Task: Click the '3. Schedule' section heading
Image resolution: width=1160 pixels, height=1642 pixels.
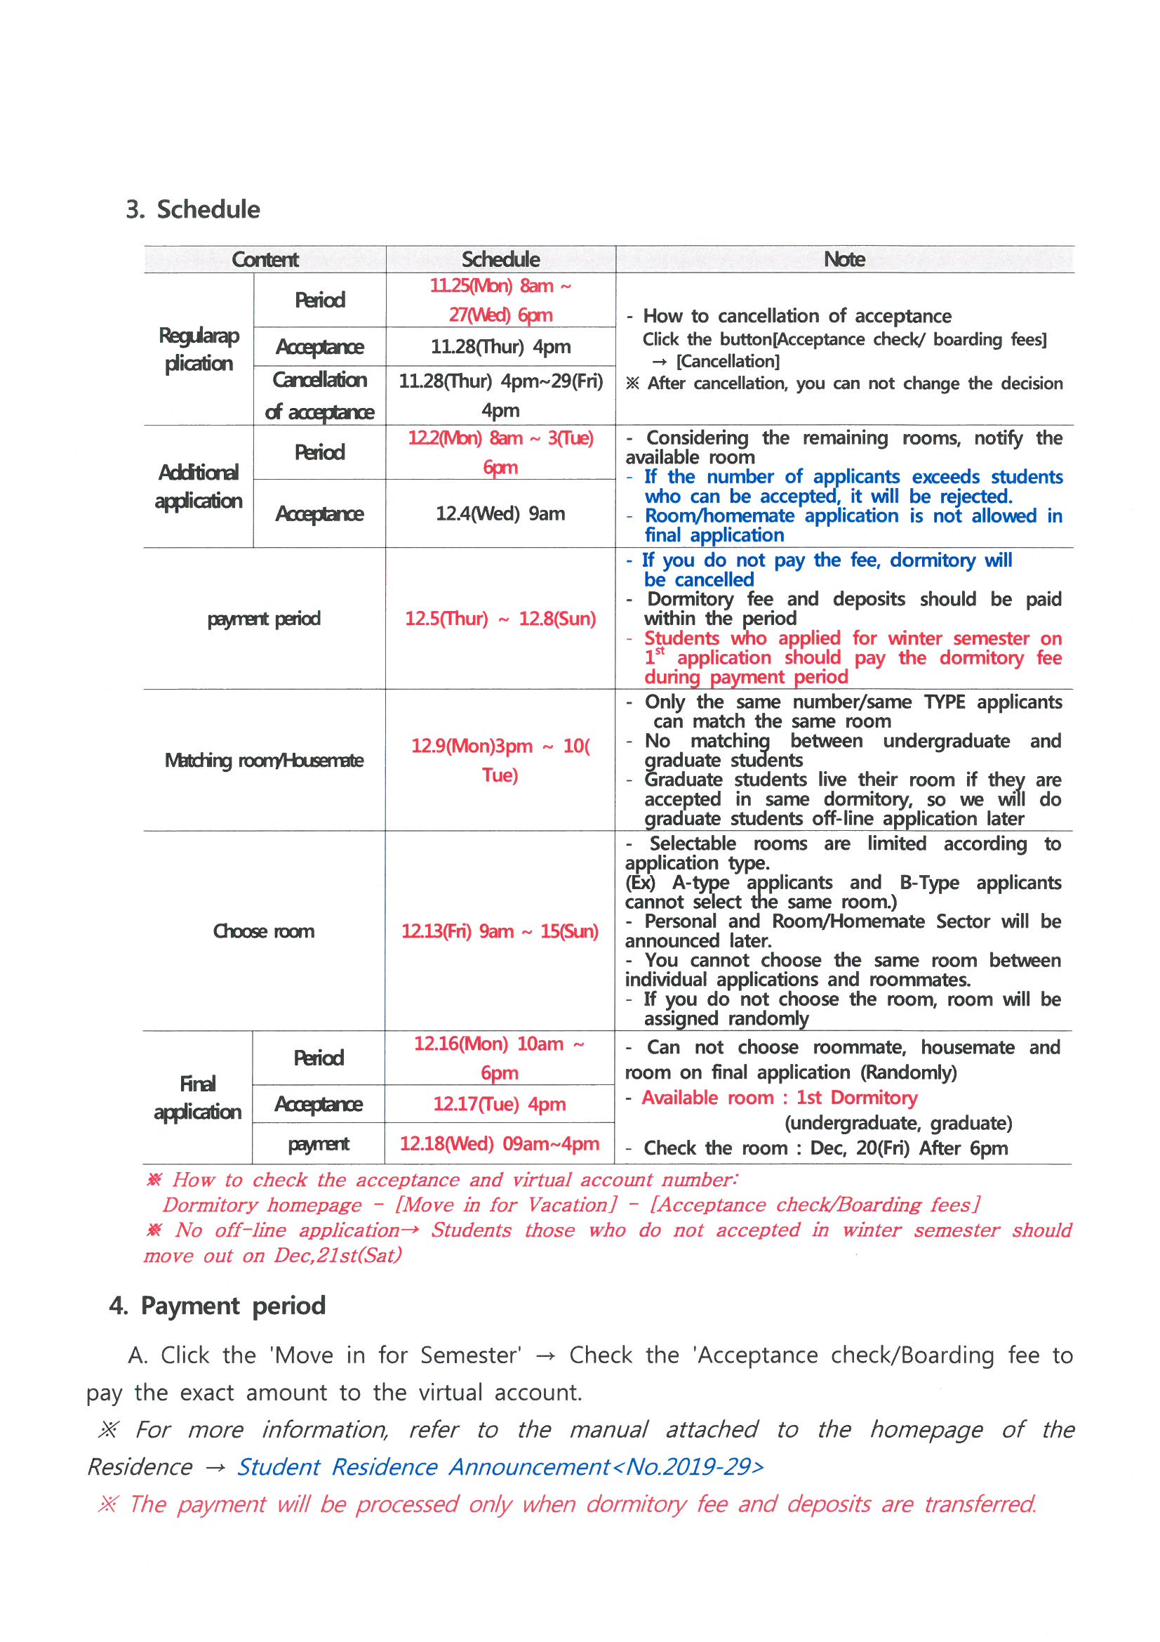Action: click(x=193, y=209)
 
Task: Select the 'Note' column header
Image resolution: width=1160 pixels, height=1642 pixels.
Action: click(x=844, y=259)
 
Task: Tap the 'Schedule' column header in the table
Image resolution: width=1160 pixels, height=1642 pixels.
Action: click(x=500, y=259)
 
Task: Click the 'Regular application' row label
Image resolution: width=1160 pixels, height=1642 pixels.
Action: click(x=199, y=349)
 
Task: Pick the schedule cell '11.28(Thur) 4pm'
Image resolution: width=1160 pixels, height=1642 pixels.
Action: click(x=500, y=347)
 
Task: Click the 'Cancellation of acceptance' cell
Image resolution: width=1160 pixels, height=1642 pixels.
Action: click(x=319, y=395)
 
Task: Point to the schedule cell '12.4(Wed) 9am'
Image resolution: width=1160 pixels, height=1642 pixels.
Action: click(x=500, y=513)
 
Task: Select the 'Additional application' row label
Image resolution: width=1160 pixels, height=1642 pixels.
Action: click(x=199, y=486)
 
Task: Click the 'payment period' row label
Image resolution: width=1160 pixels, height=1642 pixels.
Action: click(x=264, y=619)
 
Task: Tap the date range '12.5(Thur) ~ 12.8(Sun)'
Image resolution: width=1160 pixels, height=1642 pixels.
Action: click(x=500, y=619)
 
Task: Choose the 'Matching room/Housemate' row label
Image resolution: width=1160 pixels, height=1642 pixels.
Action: click(x=264, y=759)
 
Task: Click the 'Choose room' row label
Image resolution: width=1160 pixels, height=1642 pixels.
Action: click(x=264, y=931)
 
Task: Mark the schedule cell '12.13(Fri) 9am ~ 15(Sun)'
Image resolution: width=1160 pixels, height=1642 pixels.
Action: click(x=500, y=931)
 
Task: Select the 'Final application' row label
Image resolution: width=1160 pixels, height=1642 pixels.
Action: click(x=197, y=1098)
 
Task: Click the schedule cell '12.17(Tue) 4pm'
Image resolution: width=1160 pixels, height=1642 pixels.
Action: click(x=499, y=1104)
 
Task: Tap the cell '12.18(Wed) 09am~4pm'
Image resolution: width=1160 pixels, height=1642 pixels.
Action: click(x=499, y=1143)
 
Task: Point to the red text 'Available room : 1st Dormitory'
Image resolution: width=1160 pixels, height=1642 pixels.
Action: click(x=779, y=1098)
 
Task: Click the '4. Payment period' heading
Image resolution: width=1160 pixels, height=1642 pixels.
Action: click(x=218, y=1306)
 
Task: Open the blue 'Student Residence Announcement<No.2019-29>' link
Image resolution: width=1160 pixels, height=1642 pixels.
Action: click(x=500, y=1467)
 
